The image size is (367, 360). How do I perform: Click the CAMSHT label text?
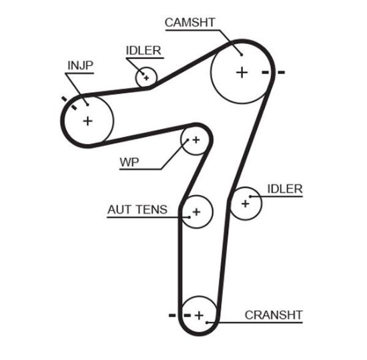[190, 23]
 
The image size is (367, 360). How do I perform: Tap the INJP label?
[80, 65]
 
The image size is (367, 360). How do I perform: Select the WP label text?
[129, 162]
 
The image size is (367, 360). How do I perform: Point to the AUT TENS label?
[137, 210]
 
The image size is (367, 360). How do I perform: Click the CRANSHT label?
[274, 315]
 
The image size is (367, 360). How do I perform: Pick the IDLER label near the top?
[143, 51]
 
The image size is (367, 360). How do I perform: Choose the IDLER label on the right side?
[284, 189]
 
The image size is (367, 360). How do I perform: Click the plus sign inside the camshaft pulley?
[242, 72]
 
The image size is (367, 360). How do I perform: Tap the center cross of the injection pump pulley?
[87, 121]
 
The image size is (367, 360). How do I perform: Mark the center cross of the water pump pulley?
[196, 140]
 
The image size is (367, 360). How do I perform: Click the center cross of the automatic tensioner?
[196, 212]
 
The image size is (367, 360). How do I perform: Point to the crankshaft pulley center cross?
[199, 314]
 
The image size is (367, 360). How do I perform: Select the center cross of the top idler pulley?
[145, 77]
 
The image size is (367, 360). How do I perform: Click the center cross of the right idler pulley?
[245, 202]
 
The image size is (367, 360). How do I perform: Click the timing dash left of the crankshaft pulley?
[172, 314]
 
